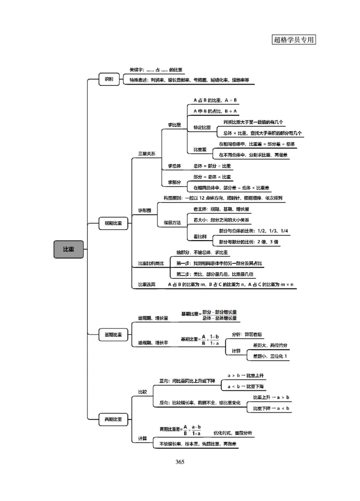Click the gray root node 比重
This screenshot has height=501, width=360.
point(68,249)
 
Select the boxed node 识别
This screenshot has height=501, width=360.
point(109,80)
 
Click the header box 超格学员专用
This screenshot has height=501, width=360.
point(294,40)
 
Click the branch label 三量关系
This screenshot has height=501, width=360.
point(146,154)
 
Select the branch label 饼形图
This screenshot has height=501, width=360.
point(144,210)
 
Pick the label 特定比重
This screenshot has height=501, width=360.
point(202,128)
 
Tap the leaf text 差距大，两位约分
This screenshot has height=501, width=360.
point(270,345)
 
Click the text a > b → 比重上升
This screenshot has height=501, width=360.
point(248,375)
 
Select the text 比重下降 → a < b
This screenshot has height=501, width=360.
point(271,408)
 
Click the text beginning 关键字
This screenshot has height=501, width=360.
point(156,70)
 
